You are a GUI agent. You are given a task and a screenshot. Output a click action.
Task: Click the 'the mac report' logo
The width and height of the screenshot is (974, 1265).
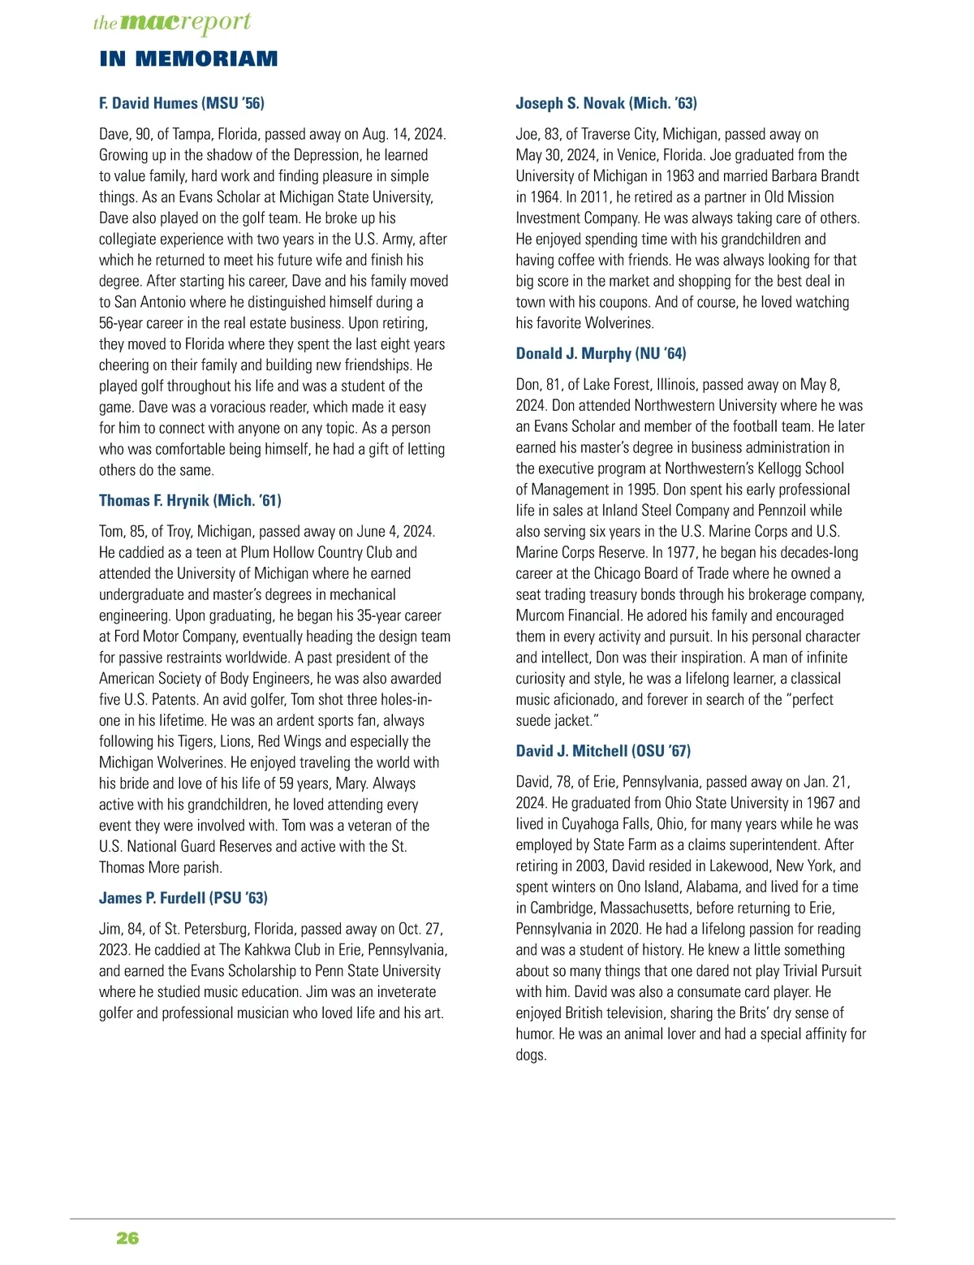pyautogui.click(x=172, y=23)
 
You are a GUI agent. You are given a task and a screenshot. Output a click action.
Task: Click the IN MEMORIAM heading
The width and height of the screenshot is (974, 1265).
pyautogui.click(x=188, y=58)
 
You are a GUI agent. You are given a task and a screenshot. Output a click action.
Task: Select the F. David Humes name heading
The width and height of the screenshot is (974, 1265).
pyautogui.click(x=182, y=103)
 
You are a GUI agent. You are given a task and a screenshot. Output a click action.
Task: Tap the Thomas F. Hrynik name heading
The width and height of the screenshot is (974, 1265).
pyautogui.click(x=190, y=500)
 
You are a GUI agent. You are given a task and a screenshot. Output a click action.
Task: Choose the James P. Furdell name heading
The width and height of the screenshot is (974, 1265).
pyautogui.click(x=183, y=898)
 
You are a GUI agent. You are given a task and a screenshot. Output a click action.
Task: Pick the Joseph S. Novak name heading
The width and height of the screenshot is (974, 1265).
pyautogui.click(x=606, y=103)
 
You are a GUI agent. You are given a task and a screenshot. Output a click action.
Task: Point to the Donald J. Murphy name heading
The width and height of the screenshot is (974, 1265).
pyautogui.click(x=601, y=353)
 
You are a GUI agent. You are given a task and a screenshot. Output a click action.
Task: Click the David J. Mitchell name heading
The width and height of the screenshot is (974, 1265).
pyautogui.click(x=603, y=751)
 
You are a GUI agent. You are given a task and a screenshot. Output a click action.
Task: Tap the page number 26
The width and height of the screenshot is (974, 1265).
pyautogui.click(x=127, y=1238)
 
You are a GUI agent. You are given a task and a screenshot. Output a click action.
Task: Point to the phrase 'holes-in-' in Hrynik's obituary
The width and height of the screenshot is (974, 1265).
pyautogui.click(x=402, y=700)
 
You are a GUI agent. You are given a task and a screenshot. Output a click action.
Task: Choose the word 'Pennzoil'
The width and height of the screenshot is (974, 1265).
pyautogui.click(x=777, y=511)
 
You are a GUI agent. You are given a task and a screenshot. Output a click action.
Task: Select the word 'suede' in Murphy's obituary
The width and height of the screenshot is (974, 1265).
pyautogui.click(x=533, y=721)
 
